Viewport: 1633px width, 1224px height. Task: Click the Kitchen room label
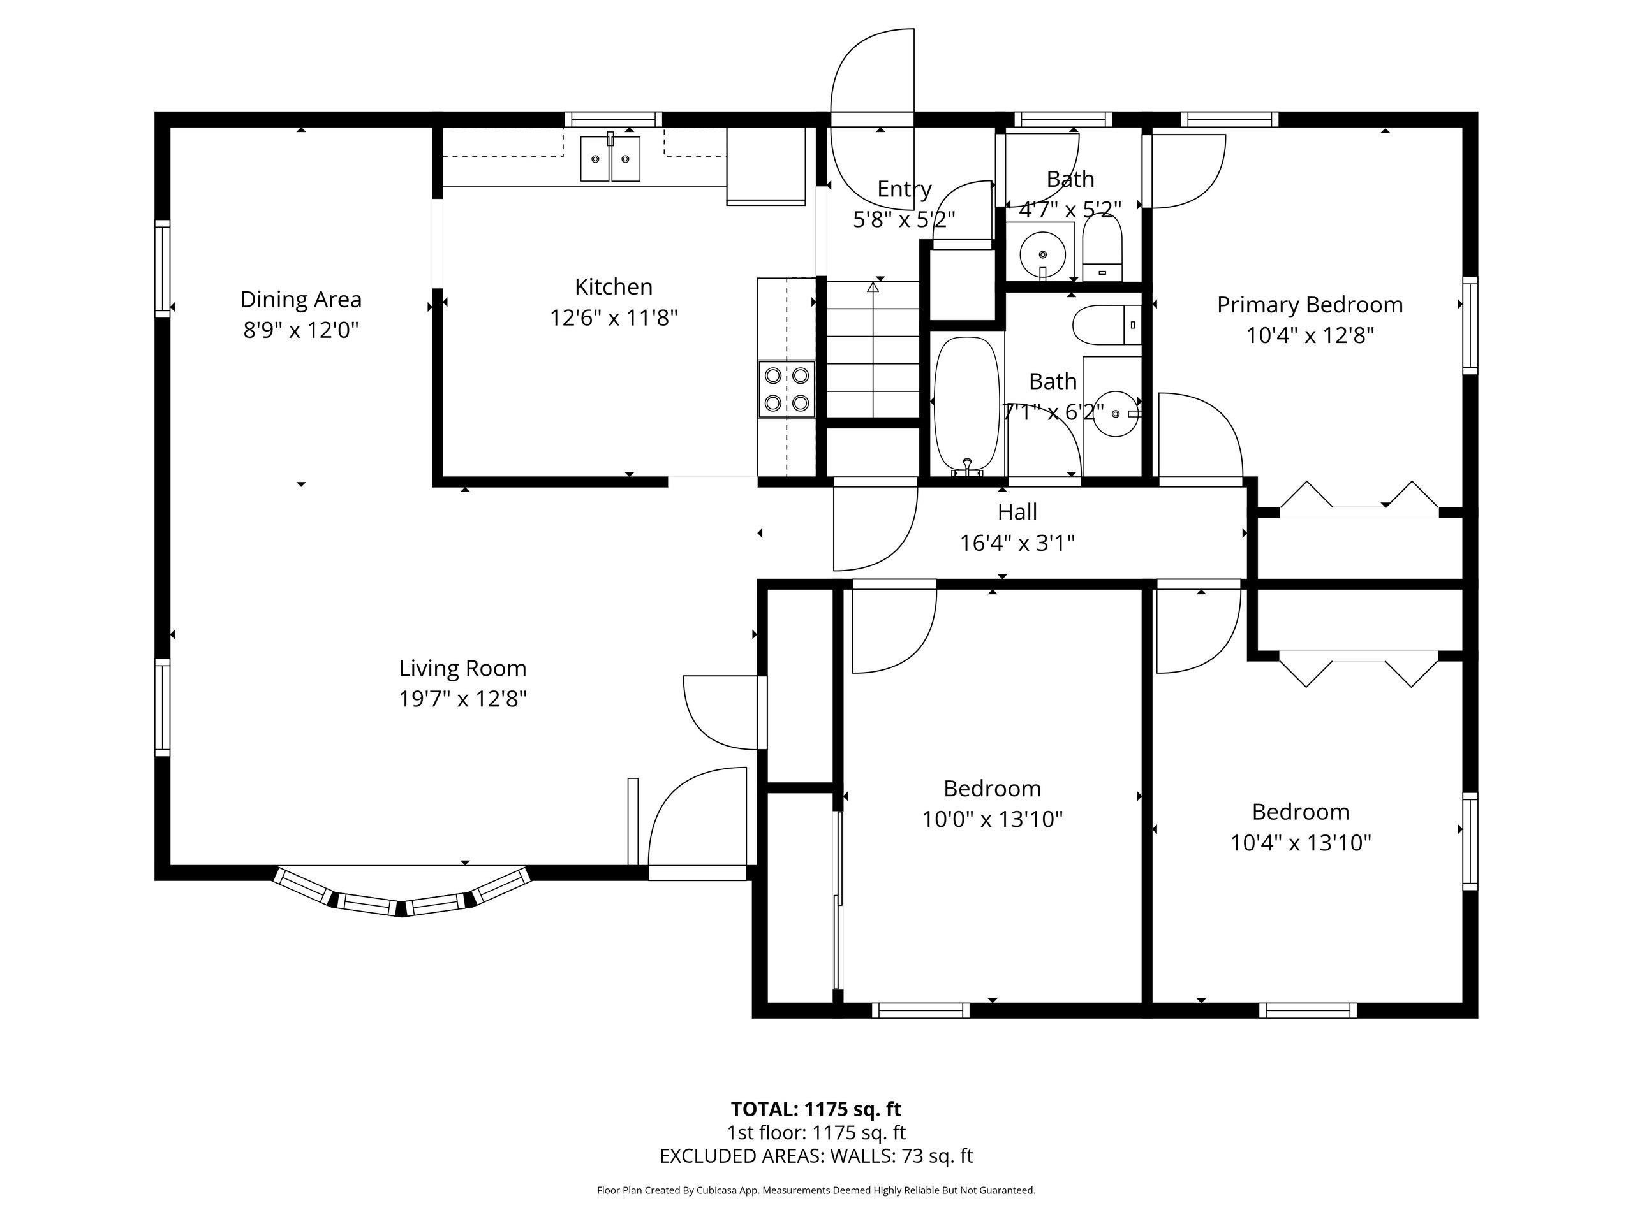(x=614, y=286)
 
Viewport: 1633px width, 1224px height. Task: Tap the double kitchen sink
(x=610, y=158)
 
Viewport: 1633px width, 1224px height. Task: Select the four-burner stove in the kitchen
(x=787, y=389)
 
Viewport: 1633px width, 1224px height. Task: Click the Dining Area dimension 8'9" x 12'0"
(x=301, y=329)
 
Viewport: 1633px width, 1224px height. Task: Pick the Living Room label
(x=463, y=669)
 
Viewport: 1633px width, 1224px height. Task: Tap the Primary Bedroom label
(x=1310, y=305)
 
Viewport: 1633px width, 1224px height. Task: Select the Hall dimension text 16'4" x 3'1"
(x=1017, y=543)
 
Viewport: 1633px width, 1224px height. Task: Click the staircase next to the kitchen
(x=873, y=349)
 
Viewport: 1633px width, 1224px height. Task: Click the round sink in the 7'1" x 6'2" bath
(x=1116, y=414)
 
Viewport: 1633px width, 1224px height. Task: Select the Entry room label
(x=905, y=189)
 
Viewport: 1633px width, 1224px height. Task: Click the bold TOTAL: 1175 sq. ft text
(x=816, y=1109)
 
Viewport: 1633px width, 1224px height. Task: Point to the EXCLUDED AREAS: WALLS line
(x=816, y=1156)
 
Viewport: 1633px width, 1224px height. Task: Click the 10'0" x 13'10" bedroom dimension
(x=992, y=820)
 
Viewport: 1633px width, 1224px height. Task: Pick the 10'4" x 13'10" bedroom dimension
(x=1301, y=843)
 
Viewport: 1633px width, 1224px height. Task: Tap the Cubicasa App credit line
(x=816, y=1190)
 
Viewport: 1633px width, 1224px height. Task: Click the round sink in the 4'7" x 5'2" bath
(x=1042, y=254)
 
